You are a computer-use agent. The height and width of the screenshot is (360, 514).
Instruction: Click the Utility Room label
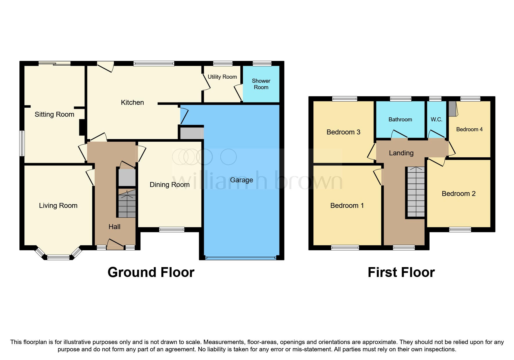222,77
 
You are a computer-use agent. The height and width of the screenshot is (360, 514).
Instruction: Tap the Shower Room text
261,84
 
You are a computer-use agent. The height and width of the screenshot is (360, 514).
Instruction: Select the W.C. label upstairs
436,119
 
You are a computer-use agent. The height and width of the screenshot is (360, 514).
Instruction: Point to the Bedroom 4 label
469,129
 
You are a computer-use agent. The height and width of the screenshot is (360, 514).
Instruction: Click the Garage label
241,180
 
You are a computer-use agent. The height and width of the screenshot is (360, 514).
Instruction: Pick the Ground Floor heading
151,272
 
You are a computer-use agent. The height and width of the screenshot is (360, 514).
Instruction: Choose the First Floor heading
401,272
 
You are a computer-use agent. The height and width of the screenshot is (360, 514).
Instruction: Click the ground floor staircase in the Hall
127,203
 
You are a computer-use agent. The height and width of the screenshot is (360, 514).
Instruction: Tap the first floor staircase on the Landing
416,192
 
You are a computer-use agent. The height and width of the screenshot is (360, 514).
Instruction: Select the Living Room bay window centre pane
58,257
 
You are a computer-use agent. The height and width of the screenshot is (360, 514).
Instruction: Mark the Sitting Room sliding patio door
55,64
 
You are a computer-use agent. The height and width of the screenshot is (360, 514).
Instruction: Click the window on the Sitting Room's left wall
22,143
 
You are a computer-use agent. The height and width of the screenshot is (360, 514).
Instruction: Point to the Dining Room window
172,230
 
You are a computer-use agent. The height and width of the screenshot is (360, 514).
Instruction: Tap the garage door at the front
240,258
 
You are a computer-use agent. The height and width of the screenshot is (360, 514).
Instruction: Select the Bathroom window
401,99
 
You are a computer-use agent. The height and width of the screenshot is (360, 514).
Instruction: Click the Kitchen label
132,102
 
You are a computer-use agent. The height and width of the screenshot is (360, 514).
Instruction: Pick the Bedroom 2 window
460,230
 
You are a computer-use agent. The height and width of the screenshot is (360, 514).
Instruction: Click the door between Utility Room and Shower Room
238,92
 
